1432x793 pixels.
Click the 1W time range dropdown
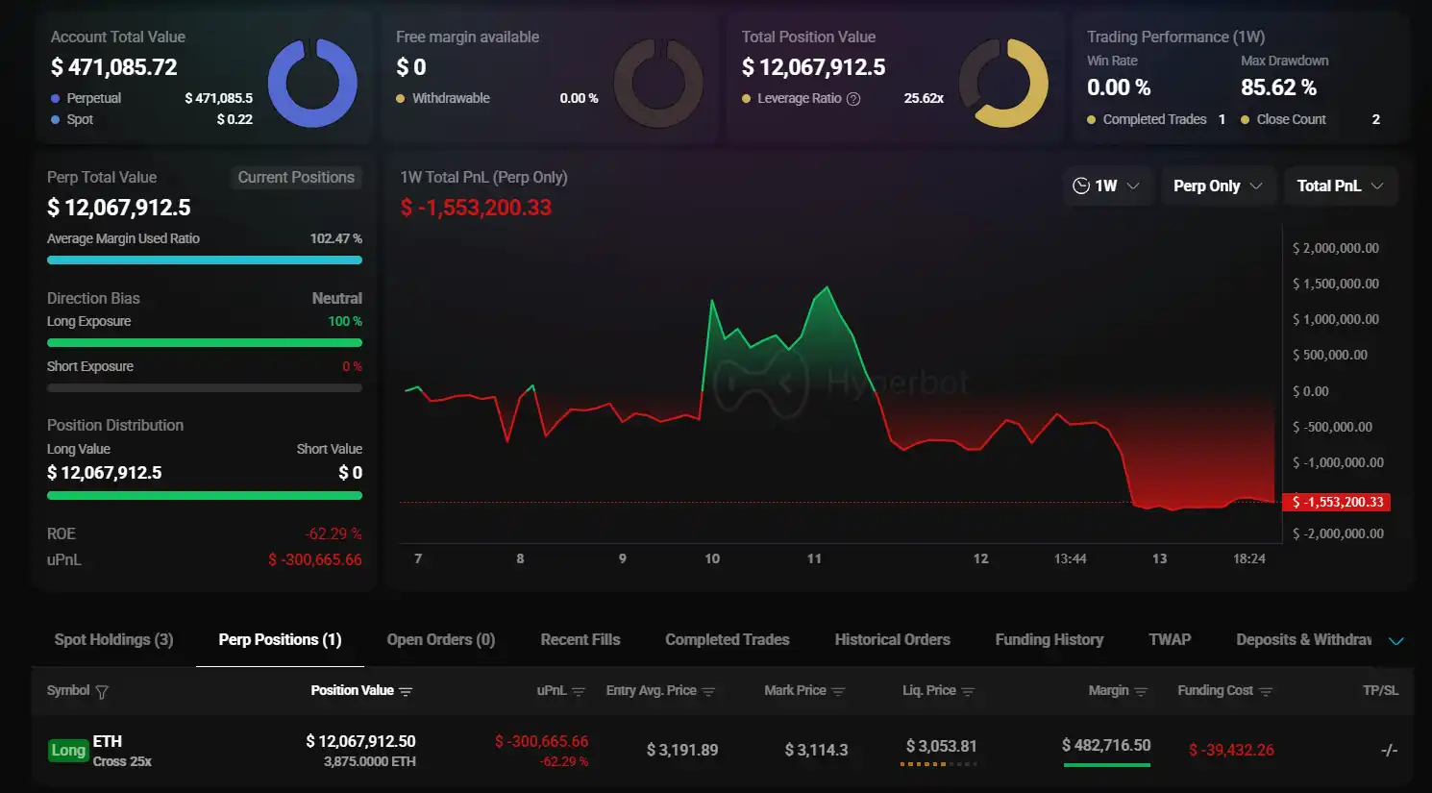point(1106,186)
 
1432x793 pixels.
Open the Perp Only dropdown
point(1218,186)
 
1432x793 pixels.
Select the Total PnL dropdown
point(1340,186)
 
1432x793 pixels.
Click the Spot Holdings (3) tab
point(113,640)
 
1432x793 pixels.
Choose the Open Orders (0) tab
point(440,640)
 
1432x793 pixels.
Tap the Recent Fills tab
point(580,640)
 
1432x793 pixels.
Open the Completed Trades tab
point(727,640)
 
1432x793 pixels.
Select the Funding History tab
point(1049,640)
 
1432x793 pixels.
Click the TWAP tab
point(1169,640)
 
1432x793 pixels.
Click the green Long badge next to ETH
point(68,750)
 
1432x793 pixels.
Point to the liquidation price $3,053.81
point(941,746)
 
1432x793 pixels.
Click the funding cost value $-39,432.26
point(1231,750)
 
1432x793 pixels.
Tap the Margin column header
point(1108,690)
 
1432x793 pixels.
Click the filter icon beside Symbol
point(102,691)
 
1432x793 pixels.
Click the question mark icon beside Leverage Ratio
point(853,99)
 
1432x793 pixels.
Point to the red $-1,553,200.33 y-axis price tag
point(1337,502)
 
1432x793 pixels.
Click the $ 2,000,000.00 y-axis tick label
point(1335,248)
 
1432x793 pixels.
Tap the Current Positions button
point(296,177)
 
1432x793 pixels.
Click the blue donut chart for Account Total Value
point(312,84)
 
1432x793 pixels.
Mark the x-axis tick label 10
point(712,558)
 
